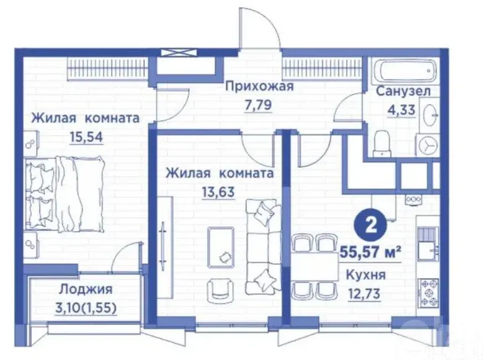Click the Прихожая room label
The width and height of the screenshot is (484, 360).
pos(259,87)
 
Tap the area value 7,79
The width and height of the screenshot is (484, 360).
pos(258,105)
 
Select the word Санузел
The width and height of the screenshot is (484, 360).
pos(403,91)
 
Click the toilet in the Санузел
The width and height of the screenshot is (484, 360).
pos(382,143)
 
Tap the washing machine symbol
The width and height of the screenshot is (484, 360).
pos(428,146)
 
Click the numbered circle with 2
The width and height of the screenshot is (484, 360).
pos(370,226)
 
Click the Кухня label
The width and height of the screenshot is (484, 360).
pos(365,274)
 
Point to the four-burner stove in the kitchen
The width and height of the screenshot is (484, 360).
pos(428,293)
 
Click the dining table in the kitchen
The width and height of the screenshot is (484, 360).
pos(315,267)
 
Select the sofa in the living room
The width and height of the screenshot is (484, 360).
pos(264,246)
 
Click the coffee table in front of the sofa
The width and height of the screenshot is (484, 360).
pos(221,246)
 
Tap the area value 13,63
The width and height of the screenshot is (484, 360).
pos(218,192)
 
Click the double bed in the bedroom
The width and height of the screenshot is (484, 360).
pos(64,194)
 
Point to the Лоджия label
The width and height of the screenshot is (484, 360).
pos(86,289)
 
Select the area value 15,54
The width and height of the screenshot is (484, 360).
pos(86,137)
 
